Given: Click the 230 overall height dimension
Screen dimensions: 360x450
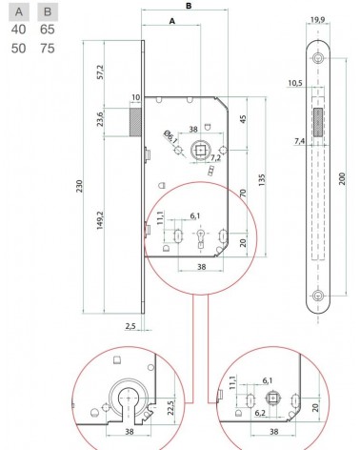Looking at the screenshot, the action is pos(80,186).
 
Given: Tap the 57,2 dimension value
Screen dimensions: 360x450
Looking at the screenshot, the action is pos(100,72).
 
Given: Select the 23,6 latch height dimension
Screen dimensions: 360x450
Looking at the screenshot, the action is pos(100,119).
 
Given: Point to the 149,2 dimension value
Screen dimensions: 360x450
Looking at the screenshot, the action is pos(100,220).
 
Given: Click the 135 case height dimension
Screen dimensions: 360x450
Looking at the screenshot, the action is pos(262,180).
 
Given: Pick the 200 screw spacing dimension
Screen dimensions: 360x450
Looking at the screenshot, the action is pos(342,179).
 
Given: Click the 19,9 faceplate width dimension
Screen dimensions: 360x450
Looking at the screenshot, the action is pos(317,20).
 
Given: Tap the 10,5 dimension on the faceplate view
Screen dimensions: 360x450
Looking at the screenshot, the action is pos(295,83).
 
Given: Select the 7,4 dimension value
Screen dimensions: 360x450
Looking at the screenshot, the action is pos(299,141).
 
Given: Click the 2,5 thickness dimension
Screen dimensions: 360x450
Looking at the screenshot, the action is pos(130,326).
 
